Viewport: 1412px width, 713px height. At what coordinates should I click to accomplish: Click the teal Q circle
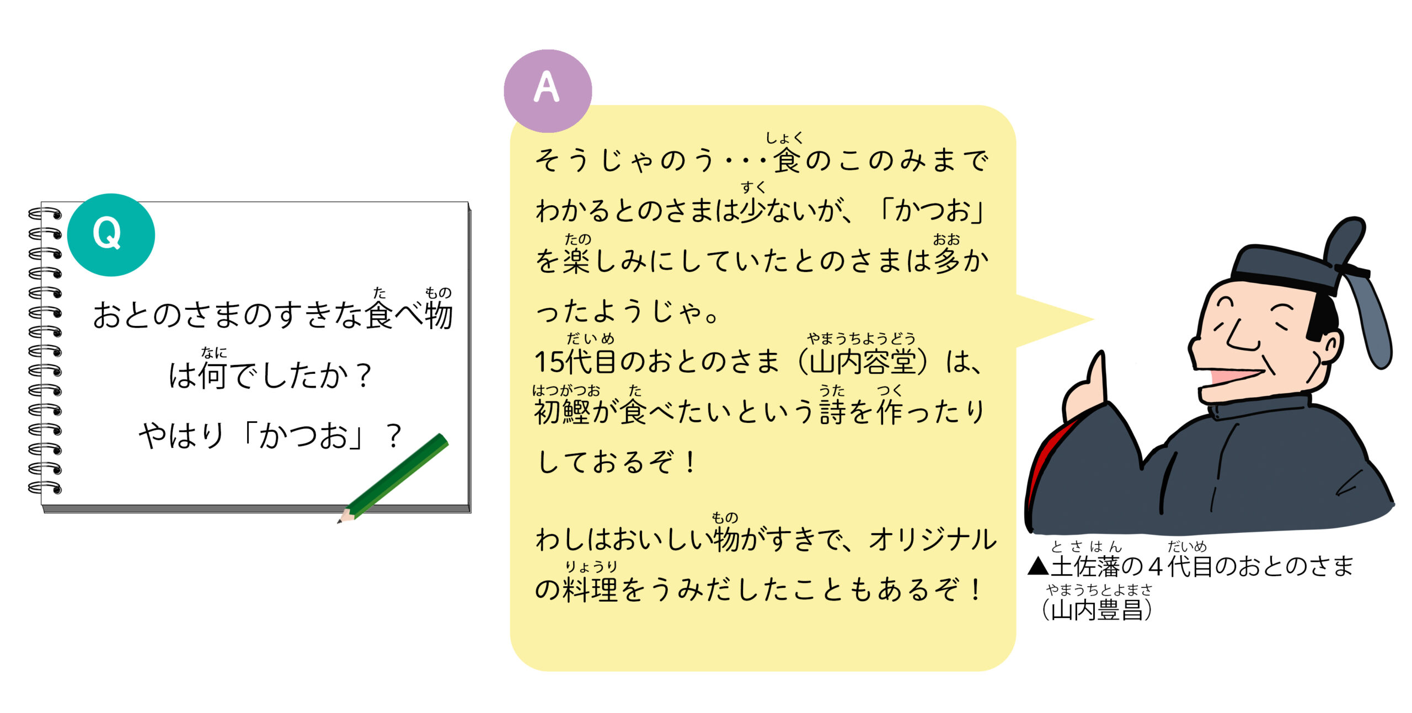(x=111, y=234)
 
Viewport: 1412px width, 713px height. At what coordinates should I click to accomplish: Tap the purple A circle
(x=548, y=91)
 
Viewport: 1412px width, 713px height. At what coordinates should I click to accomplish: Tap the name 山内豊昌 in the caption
(x=1097, y=610)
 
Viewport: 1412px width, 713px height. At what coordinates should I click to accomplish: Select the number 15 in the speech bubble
(x=549, y=362)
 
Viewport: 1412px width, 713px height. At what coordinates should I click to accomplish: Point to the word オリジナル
(x=933, y=539)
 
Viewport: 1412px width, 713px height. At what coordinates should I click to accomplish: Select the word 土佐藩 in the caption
(x=1085, y=566)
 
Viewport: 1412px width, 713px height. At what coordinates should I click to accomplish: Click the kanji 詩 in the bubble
(x=832, y=412)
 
